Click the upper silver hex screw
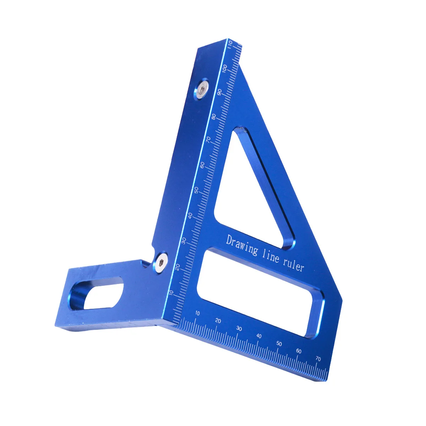coord(202,89)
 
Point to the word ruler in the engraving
coord(293,265)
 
